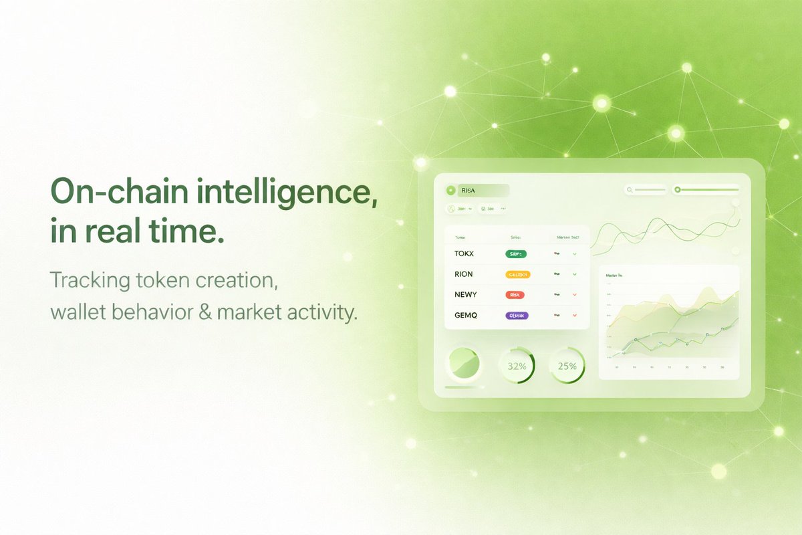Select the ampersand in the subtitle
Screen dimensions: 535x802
coord(205,312)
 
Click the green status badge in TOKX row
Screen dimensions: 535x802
coord(516,254)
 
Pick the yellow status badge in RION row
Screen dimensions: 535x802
coord(518,274)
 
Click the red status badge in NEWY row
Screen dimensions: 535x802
coord(515,294)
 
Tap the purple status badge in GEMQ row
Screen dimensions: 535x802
coord(517,315)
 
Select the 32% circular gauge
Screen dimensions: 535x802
coord(517,366)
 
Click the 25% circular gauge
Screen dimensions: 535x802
coord(567,366)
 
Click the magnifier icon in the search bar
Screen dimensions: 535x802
coord(630,190)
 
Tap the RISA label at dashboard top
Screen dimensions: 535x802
coord(468,191)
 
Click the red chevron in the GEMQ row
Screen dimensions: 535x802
coord(574,315)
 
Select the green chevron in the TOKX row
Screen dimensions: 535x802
coord(574,254)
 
